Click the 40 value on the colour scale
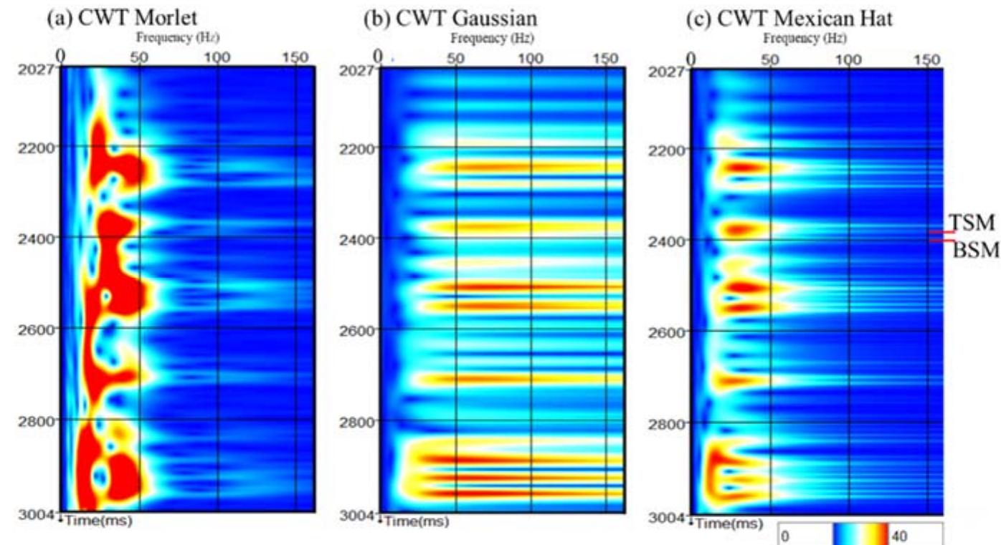click(x=898, y=536)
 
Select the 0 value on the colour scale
click(x=786, y=536)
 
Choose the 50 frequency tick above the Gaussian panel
click(x=455, y=58)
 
